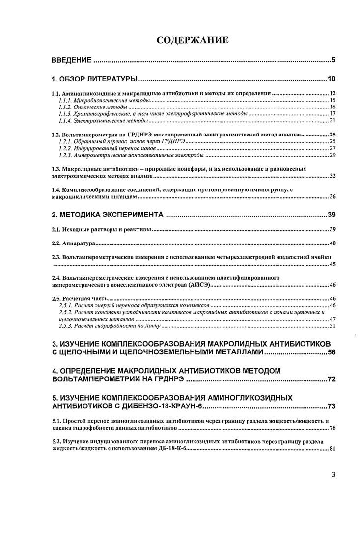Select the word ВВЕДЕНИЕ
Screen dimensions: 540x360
tap(72, 61)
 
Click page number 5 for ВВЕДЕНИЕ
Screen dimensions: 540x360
tap(332, 61)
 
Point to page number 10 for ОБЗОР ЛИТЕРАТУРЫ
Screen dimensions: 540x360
tap(331, 79)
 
